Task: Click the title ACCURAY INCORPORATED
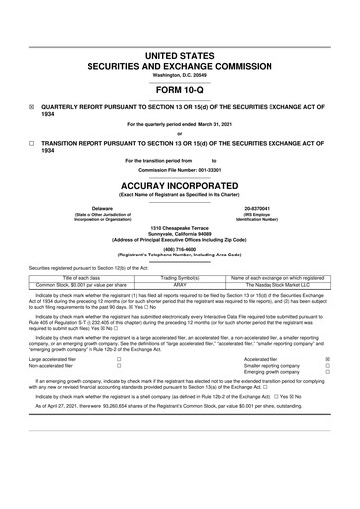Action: (180, 185)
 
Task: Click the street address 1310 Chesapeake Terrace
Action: (180, 229)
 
